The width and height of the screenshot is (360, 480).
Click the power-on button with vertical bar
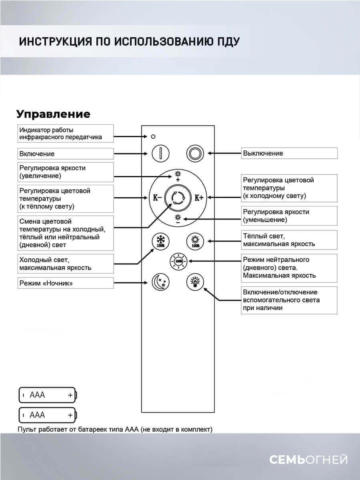point(160,153)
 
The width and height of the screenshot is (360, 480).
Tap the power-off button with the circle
point(196,153)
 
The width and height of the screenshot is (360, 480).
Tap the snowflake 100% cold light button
point(160,242)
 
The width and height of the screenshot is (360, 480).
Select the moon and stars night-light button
point(160,282)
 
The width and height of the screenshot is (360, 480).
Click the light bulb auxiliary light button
point(195,282)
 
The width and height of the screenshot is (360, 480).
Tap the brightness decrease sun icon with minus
point(178,218)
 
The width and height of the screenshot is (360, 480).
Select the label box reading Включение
point(65,154)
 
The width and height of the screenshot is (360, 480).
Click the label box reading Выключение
point(289,153)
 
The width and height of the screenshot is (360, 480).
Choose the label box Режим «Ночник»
point(65,283)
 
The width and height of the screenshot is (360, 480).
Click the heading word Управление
point(53,114)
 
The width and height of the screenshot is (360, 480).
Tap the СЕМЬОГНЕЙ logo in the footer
point(308,460)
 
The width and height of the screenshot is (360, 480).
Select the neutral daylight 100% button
point(178,261)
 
